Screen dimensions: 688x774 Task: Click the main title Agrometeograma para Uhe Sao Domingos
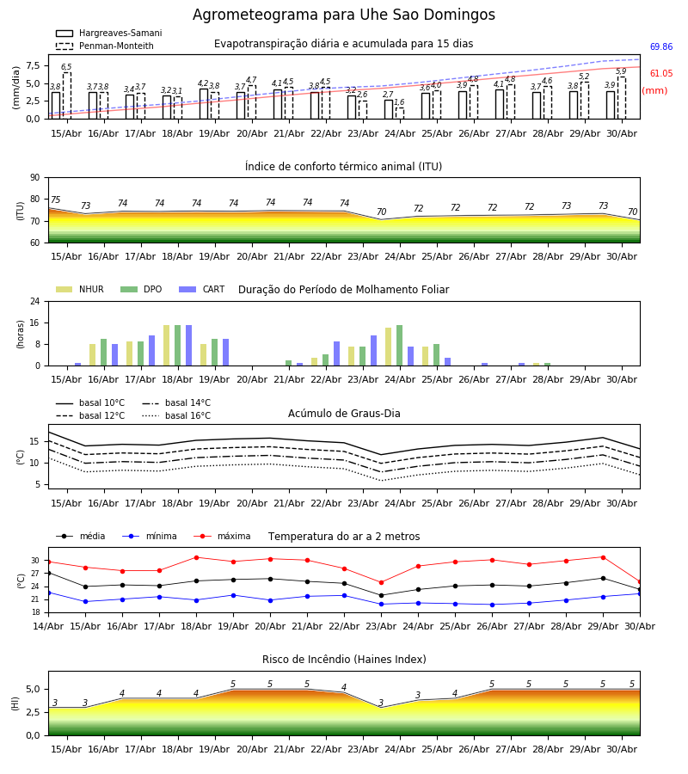pos(343,15)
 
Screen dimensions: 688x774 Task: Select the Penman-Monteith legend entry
pos(105,46)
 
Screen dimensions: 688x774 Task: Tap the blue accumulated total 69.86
pos(660,47)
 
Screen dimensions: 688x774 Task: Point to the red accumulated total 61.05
pos(660,74)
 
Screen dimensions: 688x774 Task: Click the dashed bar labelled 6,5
pos(66,95)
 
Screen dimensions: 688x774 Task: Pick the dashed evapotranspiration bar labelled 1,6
pos(400,113)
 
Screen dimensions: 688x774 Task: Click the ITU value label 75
pos(55,200)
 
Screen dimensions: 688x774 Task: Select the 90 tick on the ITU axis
pos(35,178)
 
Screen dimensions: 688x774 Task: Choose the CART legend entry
pos(201,289)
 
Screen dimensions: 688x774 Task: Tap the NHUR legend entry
pos(80,289)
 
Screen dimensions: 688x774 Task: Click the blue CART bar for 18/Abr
pos(188,346)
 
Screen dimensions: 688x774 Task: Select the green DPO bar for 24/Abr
pos(399,346)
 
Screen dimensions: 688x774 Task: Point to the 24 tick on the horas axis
pos(35,301)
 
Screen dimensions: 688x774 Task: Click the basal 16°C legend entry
pos(176,415)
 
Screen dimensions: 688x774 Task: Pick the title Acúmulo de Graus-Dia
pos(344,414)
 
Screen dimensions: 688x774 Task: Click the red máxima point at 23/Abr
pos(381,582)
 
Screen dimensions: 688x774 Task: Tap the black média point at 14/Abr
pos(48,573)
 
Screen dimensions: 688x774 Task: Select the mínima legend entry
pos(150,536)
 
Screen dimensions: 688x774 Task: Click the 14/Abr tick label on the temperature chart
pos(48,626)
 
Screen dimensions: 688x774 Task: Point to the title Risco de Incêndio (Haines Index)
pos(344,660)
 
